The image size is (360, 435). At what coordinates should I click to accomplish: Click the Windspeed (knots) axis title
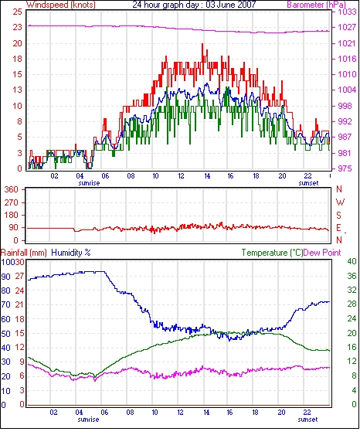click(61, 5)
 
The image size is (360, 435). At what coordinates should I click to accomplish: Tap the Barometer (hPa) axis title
click(317, 5)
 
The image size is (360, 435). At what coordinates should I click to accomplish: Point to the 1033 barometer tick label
click(347, 12)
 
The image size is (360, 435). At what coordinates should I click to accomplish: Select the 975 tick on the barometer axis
click(345, 168)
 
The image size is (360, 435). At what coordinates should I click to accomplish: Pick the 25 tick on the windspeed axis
click(17, 12)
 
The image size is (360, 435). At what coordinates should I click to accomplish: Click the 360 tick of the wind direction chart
click(11, 190)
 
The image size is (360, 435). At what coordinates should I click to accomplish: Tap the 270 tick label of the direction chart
click(11, 202)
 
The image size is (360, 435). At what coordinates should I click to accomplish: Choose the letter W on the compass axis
click(340, 202)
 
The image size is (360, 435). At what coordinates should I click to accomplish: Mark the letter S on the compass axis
click(338, 216)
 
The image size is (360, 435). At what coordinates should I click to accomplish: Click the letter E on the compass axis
click(338, 228)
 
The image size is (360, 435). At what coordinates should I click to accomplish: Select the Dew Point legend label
click(322, 253)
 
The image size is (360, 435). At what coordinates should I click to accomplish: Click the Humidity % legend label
click(71, 253)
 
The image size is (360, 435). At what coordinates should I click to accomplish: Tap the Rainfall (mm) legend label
click(24, 253)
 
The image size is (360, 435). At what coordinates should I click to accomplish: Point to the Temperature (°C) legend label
click(272, 253)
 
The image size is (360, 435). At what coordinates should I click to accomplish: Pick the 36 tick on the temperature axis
click(352, 276)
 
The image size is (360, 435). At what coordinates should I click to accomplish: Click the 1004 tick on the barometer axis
click(347, 90)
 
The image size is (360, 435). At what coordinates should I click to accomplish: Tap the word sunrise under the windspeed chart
click(89, 183)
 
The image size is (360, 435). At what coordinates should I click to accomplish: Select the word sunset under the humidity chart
click(308, 420)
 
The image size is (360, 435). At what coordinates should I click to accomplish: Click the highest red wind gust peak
click(202, 44)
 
